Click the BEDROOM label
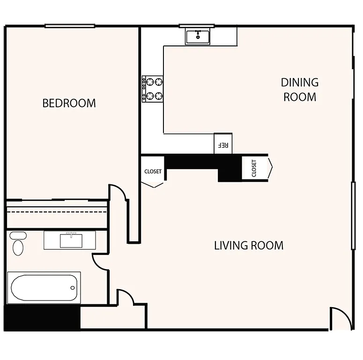69,103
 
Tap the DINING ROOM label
299,90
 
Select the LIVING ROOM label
248,245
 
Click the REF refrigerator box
223,144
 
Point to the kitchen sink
198,36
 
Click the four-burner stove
153,89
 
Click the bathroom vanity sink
71,240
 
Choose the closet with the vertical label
255,168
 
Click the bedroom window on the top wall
70,26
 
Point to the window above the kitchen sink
197,26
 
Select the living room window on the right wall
353,216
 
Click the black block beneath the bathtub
42,318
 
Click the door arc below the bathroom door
125,297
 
